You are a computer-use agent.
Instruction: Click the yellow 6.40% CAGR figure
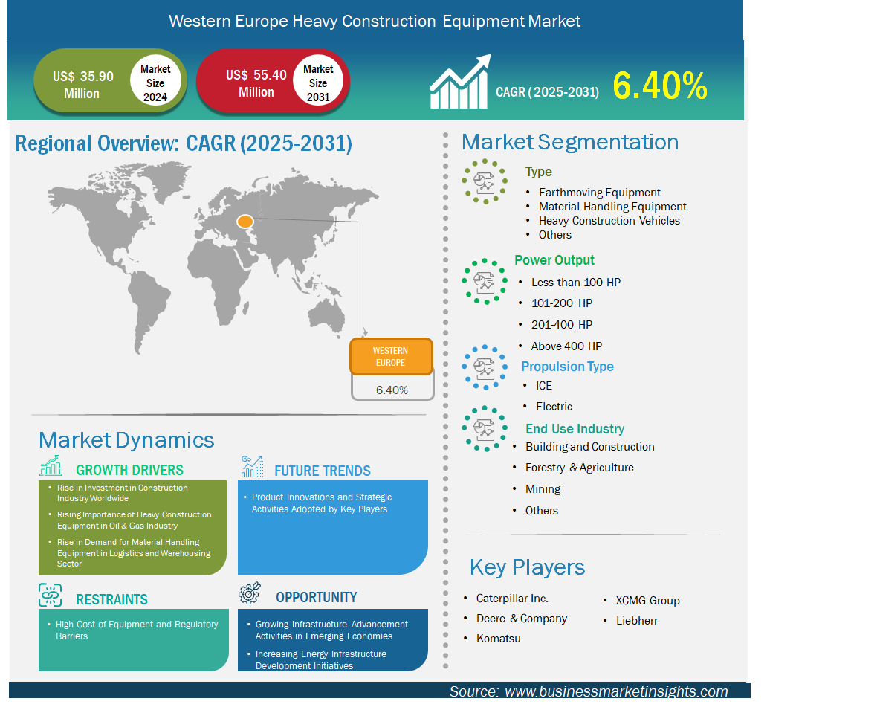pyautogui.click(x=659, y=86)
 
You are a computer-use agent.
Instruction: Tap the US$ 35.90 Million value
pyautogui.click(x=82, y=85)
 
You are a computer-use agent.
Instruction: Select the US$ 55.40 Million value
pyautogui.click(x=256, y=84)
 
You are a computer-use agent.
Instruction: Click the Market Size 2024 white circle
pyautogui.click(x=155, y=82)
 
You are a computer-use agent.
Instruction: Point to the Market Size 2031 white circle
pyautogui.click(x=318, y=81)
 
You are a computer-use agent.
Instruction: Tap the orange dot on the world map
pyautogui.click(x=245, y=222)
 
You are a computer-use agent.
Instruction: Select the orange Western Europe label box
pyautogui.click(x=391, y=357)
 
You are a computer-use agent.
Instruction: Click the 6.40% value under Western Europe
pyautogui.click(x=392, y=390)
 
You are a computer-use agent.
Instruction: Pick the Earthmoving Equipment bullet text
pyautogui.click(x=599, y=193)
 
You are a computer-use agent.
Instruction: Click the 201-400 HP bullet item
pyautogui.click(x=562, y=324)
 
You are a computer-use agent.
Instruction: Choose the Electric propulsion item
pyautogui.click(x=554, y=407)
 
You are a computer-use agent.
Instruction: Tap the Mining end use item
pyautogui.click(x=543, y=489)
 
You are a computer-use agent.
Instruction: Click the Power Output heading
pyautogui.click(x=554, y=260)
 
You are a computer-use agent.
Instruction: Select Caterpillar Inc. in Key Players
pyautogui.click(x=512, y=599)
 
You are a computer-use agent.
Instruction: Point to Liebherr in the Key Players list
pyautogui.click(x=637, y=620)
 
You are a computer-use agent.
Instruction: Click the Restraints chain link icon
pyautogui.click(x=50, y=595)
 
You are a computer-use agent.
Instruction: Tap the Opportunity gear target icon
pyautogui.click(x=250, y=593)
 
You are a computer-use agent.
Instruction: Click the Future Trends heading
pyautogui.click(x=322, y=471)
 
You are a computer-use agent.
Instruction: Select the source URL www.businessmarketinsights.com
pyautogui.click(x=616, y=691)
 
